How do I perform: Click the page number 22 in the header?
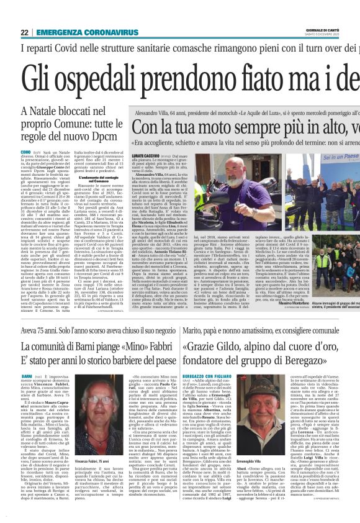[x=24, y=32]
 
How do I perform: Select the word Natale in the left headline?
[x=45, y=112]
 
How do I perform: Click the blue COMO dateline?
[x=25, y=151]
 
